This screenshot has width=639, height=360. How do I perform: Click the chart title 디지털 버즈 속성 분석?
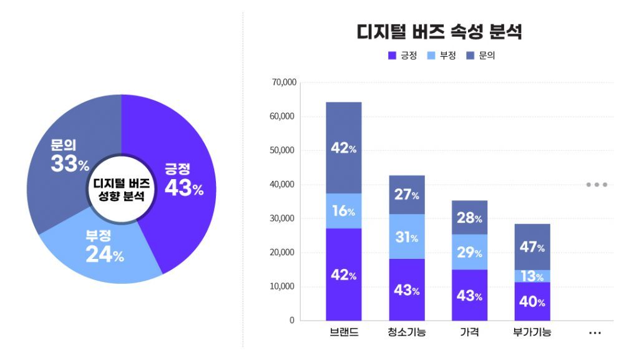click(x=439, y=32)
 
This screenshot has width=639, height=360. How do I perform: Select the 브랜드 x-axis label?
click(x=344, y=333)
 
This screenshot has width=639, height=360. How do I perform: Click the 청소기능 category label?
click(x=407, y=333)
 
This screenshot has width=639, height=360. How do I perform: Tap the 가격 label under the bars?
click(x=469, y=333)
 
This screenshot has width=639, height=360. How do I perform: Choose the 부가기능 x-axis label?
click(x=532, y=333)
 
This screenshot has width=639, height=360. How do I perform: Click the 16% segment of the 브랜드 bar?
click(x=344, y=212)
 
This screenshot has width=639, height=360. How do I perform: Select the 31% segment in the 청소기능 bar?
click(x=407, y=237)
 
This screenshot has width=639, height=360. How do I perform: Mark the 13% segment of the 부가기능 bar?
click(x=532, y=276)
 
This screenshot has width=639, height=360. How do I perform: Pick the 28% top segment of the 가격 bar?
click(x=469, y=218)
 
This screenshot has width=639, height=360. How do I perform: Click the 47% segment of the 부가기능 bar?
click(x=532, y=247)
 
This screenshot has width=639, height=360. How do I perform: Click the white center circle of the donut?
click(x=121, y=189)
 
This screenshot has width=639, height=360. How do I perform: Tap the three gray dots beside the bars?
click(x=596, y=185)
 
